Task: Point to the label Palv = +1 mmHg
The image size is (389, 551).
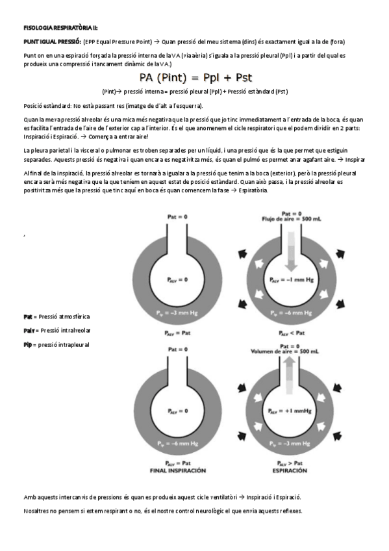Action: click(291, 411)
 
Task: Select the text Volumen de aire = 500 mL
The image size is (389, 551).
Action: click(290, 351)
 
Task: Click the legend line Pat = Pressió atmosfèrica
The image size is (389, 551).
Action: click(56, 316)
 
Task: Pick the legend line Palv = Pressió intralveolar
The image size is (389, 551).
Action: click(56, 330)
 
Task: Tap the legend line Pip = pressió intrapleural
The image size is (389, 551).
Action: click(55, 344)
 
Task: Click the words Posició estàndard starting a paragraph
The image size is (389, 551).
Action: click(47, 106)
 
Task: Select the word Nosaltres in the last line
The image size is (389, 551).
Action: click(38, 511)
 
